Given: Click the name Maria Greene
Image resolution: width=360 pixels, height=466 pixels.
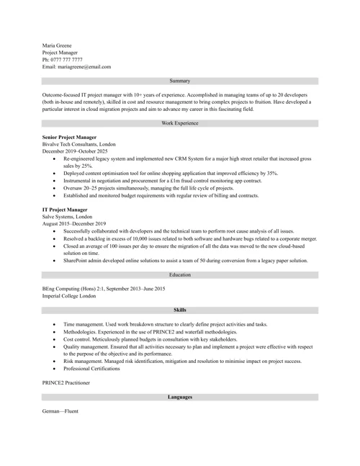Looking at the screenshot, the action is point(57,45).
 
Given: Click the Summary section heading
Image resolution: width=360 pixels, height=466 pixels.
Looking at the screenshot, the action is point(180,81).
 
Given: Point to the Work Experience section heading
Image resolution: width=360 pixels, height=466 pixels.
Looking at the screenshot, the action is point(180,123).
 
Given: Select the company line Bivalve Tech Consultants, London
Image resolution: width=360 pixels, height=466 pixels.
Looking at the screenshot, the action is point(78,144).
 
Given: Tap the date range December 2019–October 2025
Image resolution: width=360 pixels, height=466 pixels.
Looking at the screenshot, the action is point(75,151).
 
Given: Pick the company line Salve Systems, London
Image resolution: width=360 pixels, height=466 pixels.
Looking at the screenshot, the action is point(67,217).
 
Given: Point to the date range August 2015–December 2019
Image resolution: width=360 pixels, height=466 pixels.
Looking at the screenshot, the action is point(74,224).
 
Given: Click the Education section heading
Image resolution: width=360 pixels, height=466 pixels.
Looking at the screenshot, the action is point(180,274).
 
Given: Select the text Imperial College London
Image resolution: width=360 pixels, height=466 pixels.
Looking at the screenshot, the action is point(69,296).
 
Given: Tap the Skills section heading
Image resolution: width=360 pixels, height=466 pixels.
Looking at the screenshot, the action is point(180,310).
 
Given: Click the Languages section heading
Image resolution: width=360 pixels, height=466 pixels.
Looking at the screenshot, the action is point(180,397).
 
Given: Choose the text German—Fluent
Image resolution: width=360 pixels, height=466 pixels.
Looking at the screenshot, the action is point(60,411).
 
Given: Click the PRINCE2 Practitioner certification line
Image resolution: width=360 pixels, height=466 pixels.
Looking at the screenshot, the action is point(66,382).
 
